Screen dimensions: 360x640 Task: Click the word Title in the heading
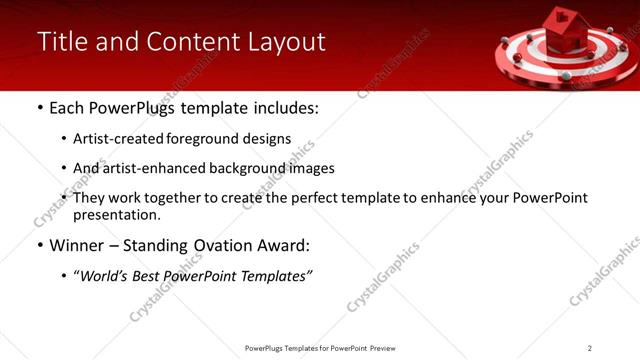coord(61,42)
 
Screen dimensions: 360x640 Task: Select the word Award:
coord(289,246)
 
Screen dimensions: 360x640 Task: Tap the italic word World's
coord(105,276)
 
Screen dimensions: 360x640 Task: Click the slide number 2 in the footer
coord(590,348)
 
